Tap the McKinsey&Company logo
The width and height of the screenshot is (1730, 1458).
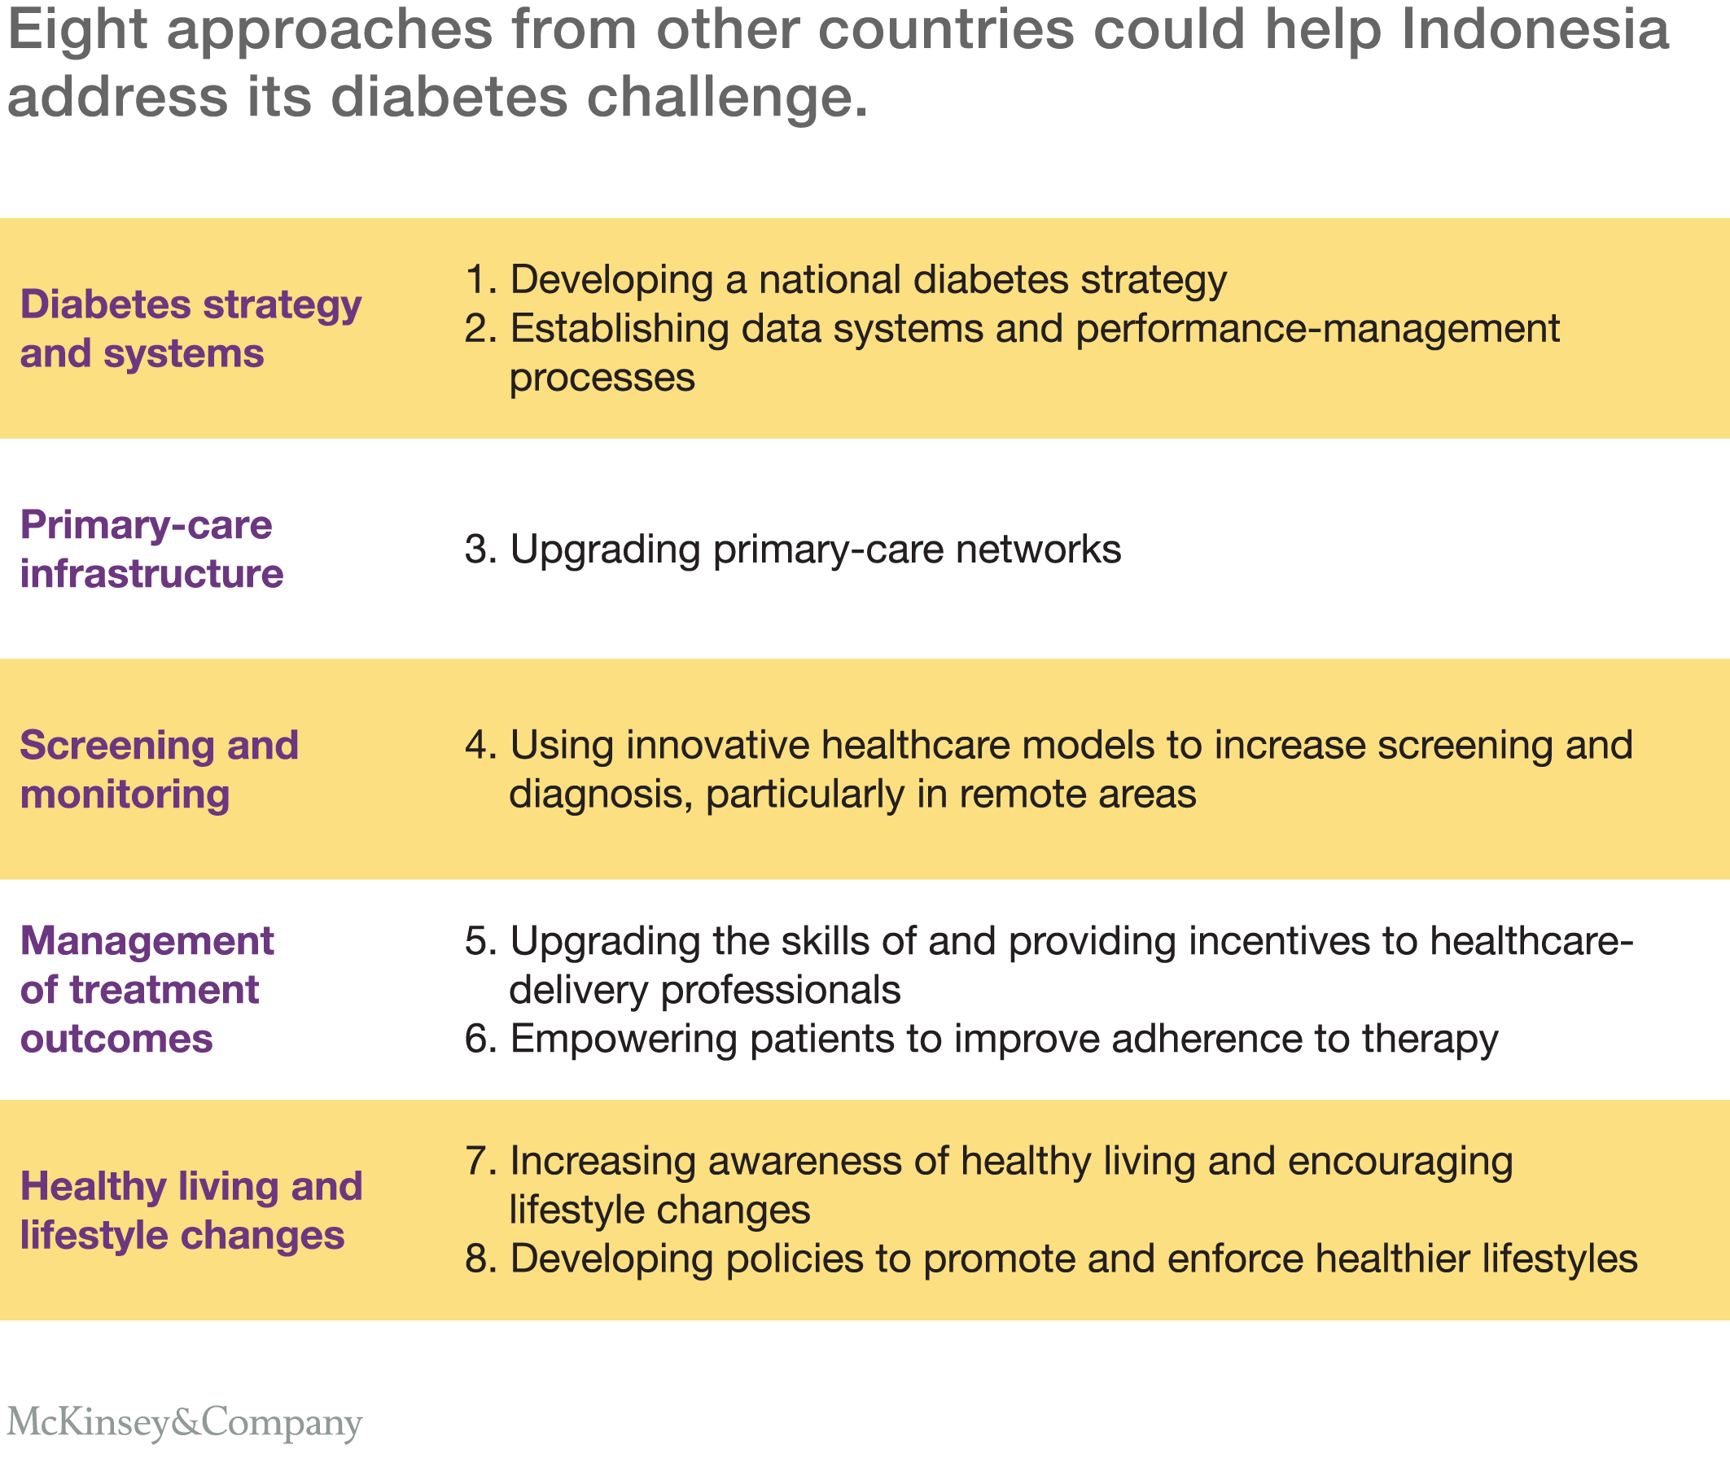point(184,1422)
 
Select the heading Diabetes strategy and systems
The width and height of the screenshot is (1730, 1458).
point(191,328)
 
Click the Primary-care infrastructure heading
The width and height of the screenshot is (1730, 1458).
point(151,549)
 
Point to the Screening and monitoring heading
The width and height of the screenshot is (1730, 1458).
point(159,768)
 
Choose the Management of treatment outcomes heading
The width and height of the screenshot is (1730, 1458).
point(147,989)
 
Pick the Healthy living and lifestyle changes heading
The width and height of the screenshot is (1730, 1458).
point(191,1210)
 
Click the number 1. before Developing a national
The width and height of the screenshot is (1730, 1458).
point(481,279)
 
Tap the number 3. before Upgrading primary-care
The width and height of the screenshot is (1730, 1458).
point(481,549)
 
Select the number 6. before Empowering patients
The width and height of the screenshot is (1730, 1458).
point(481,1039)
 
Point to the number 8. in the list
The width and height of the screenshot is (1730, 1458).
point(481,1259)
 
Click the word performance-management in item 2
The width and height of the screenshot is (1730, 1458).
point(1317,329)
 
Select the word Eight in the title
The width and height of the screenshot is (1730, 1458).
point(76,30)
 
